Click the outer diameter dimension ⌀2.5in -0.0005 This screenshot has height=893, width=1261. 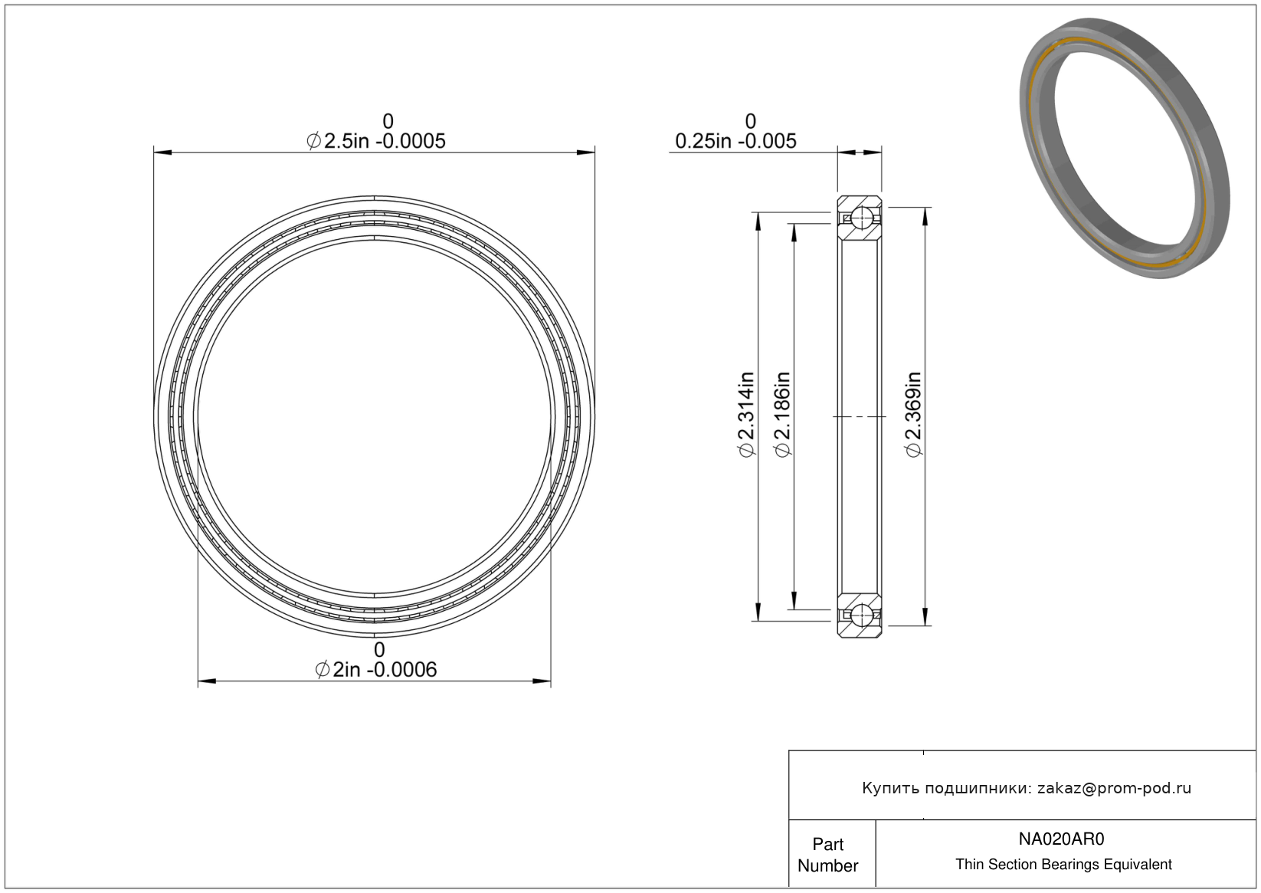[376, 141]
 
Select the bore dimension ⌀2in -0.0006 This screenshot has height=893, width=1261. [376, 670]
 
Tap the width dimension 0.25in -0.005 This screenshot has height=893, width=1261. [735, 141]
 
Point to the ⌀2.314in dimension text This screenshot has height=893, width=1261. [746, 415]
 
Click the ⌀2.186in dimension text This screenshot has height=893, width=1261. [783, 415]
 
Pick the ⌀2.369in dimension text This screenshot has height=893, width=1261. [913, 415]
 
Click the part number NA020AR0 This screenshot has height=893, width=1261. [1061, 839]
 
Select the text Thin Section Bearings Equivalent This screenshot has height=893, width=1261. [1063, 865]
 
